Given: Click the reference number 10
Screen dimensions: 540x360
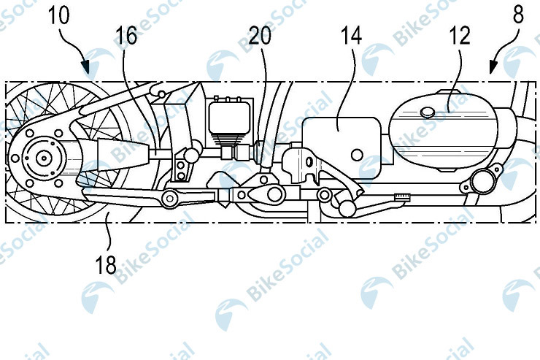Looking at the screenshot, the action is (x=58, y=16).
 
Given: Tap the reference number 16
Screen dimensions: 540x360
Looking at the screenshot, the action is (x=126, y=36).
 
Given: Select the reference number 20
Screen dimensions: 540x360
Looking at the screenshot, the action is (x=260, y=36).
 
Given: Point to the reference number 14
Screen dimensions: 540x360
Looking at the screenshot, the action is (x=351, y=36).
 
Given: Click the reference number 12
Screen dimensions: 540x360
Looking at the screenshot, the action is (x=460, y=36).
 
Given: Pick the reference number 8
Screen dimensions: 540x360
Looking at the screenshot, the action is (x=518, y=15).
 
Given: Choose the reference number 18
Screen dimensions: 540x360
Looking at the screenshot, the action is (x=106, y=265).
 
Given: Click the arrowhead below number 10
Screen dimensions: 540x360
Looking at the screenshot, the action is (x=86, y=67).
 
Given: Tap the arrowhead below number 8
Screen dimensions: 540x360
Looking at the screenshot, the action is (x=493, y=67).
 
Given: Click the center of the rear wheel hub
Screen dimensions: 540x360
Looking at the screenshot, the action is (x=44, y=158).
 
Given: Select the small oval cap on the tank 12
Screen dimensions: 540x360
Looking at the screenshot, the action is (x=428, y=112).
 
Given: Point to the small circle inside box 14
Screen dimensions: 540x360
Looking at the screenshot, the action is (x=357, y=155).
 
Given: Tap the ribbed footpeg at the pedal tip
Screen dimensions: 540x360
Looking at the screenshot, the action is (x=403, y=196).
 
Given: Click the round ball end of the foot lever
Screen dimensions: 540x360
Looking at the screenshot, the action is (x=346, y=208).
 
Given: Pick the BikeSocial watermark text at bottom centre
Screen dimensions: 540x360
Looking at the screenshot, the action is (x=288, y=265).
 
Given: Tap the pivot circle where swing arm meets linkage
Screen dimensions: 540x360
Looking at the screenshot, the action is (x=170, y=198).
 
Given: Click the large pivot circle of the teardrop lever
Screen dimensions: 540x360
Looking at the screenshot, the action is (x=274, y=194).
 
